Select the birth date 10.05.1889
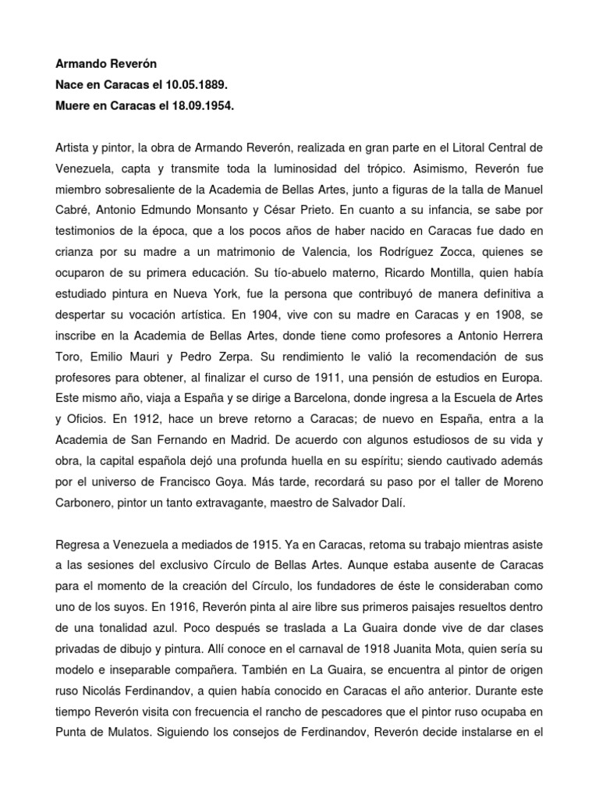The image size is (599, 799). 196,83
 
